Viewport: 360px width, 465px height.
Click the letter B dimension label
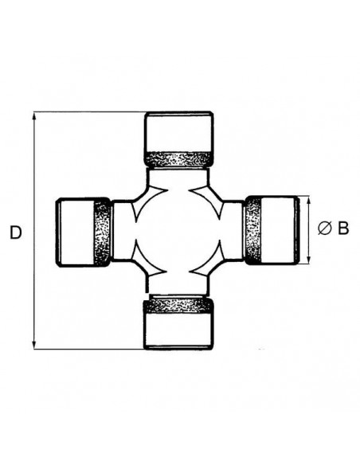point(343,229)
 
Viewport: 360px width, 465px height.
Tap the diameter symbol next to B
point(325,229)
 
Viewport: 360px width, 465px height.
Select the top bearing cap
point(178,132)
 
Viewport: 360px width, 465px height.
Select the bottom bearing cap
point(178,330)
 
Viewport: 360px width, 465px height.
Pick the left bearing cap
point(75,232)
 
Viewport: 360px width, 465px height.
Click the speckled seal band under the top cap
point(178,159)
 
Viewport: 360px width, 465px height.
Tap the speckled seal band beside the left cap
point(103,232)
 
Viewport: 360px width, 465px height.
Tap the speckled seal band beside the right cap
point(252,229)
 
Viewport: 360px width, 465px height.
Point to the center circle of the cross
point(177,231)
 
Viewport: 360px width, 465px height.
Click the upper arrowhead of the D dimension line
point(34,117)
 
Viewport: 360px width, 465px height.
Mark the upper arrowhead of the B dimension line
point(309,200)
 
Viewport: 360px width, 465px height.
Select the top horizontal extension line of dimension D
point(88,112)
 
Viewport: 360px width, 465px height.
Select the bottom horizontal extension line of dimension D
point(88,348)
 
